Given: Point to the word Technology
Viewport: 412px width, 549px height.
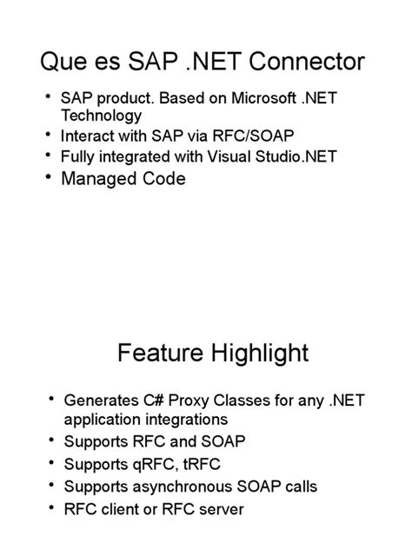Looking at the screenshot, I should [101, 116].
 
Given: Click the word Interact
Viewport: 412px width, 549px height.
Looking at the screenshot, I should [88, 136].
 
